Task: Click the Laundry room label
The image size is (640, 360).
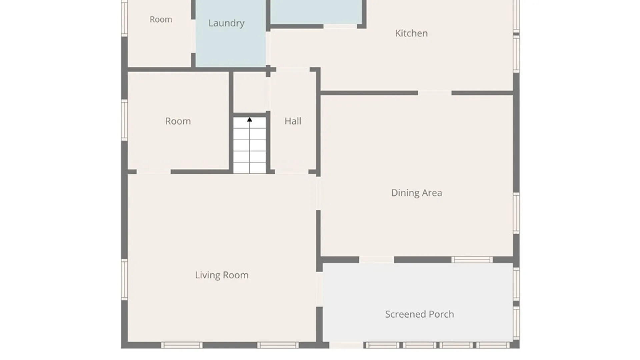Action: click(226, 23)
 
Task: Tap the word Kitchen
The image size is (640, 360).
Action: click(411, 33)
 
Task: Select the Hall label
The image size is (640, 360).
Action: click(293, 121)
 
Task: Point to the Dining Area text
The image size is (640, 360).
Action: click(416, 193)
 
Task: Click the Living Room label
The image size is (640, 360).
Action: click(222, 275)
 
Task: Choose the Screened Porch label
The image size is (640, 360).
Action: click(419, 314)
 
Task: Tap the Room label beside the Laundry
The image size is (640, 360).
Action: click(161, 19)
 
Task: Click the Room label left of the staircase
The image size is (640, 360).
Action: click(178, 121)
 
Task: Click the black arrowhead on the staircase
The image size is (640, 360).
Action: click(249, 119)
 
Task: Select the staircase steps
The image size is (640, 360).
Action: click(249, 145)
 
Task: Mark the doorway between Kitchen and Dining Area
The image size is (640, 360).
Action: click(435, 93)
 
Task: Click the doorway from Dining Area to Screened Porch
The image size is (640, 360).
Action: click(376, 260)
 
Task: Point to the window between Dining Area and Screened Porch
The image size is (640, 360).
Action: click(472, 260)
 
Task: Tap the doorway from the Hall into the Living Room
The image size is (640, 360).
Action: click(292, 172)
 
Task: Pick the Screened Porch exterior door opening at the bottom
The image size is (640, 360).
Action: click(346, 345)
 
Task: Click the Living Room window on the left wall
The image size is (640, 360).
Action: click(124, 279)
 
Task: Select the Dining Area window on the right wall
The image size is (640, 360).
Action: click(516, 213)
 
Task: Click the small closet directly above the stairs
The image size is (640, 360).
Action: click(249, 92)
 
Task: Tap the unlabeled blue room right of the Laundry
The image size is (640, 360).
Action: click(316, 12)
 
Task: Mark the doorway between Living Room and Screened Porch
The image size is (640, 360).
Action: click(319, 289)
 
